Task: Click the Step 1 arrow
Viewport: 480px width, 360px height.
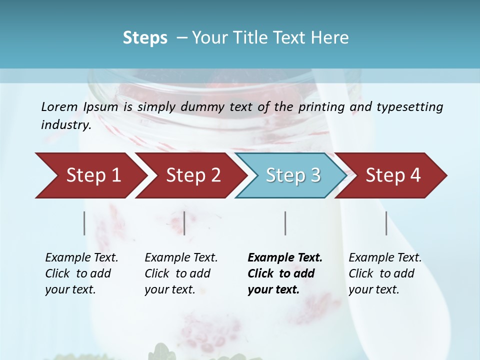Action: click(90, 175)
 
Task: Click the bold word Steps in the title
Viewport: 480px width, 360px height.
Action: click(145, 38)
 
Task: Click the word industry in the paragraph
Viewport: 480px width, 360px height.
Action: click(65, 125)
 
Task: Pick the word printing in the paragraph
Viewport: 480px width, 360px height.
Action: click(321, 107)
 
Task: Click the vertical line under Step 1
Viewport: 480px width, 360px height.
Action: click(84, 223)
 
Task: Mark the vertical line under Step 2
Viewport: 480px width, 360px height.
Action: click(184, 223)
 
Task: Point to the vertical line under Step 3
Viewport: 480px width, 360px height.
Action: click(285, 223)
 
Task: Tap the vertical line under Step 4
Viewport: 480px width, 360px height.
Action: click(386, 223)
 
